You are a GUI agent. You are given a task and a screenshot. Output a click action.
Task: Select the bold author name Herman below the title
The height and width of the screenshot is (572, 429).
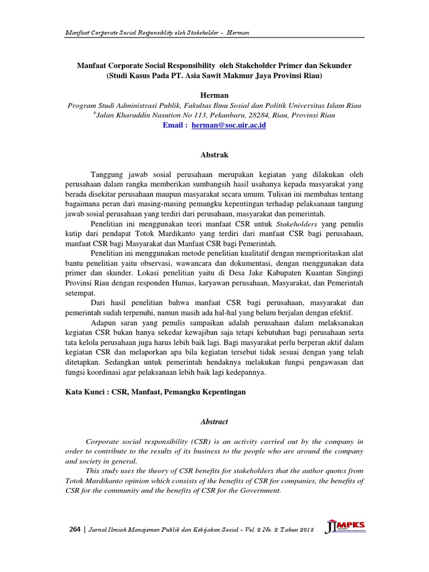[214, 95]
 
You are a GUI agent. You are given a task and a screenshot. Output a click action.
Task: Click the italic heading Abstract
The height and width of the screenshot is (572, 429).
[214, 422]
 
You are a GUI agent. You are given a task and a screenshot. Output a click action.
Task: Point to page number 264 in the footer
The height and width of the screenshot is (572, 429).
[73, 529]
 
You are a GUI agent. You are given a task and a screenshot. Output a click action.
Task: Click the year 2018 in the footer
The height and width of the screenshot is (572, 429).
[304, 530]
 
